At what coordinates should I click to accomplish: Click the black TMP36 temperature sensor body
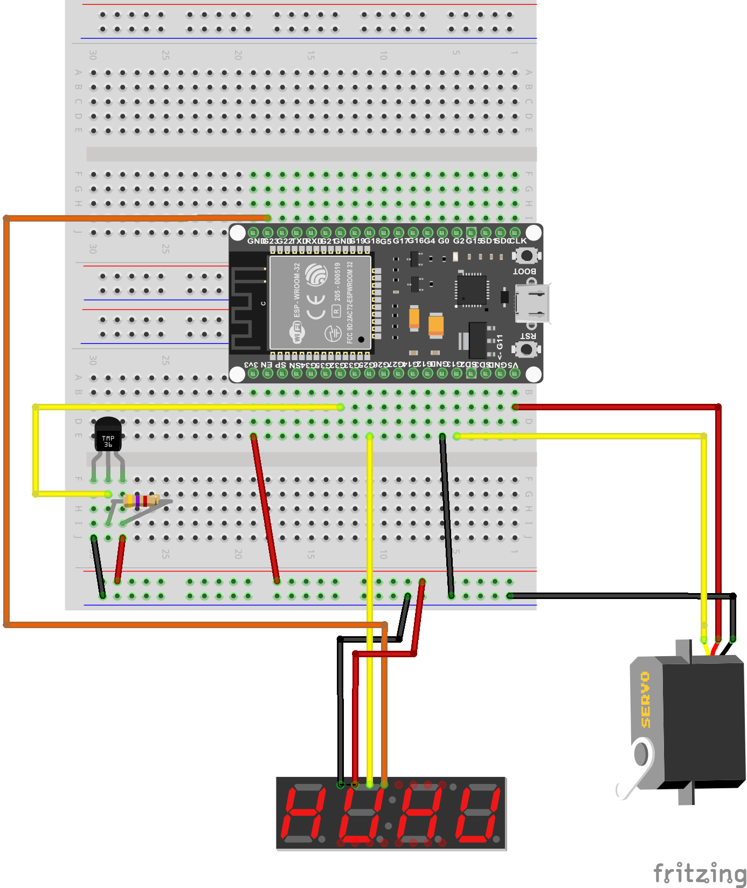click(108, 434)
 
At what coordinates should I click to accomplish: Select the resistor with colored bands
click(141, 501)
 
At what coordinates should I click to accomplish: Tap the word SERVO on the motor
click(646, 699)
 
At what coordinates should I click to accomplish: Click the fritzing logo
click(699, 872)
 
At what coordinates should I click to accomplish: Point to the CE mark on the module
click(316, 306)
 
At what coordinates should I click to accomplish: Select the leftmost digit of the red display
click(304, 815)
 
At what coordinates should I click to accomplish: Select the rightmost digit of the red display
click(478, 815)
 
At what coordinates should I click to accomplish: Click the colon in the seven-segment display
click(388, 815)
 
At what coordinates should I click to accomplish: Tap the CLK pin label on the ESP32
click(518, 241)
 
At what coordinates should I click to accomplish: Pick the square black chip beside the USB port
click(472, 290)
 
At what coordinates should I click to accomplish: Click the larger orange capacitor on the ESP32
click(435, 326)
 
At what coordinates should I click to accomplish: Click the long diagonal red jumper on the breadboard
click(265, 508)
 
